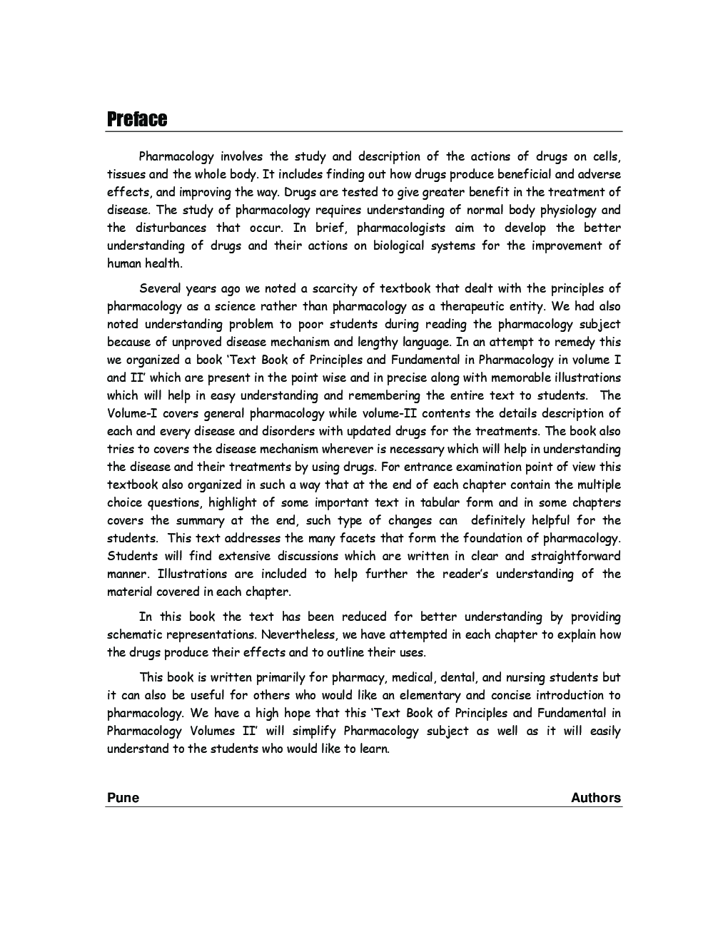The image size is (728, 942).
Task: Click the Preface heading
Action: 137,119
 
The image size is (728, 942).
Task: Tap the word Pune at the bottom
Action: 123,798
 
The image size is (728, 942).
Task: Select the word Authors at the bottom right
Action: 595,798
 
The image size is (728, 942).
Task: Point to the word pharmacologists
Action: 400,228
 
